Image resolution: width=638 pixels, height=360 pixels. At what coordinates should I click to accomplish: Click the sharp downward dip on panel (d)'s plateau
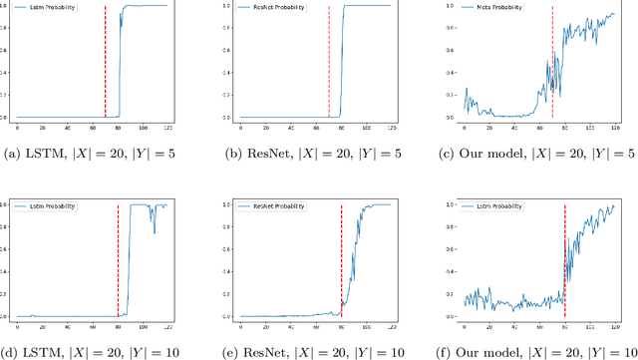[x=154, y=233]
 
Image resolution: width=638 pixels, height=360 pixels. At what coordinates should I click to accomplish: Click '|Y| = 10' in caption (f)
[x=601, y=350]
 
